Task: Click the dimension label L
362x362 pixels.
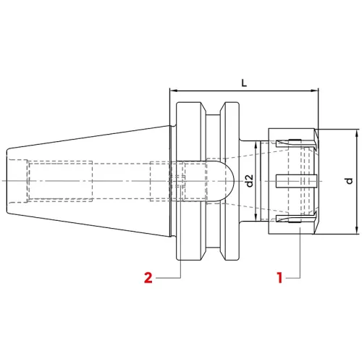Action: click(244, 83)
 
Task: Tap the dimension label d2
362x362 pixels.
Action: click(249, 181)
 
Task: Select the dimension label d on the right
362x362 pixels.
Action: click(349, 181)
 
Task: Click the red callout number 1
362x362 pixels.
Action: click(279, 278)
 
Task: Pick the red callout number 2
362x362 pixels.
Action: click(148, 278)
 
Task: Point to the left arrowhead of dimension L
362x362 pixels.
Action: click(173, 90)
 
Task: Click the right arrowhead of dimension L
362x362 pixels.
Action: click(315, 90)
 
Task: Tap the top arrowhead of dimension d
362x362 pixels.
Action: click(356, 133)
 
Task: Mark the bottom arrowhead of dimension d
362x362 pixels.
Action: click(356, 230)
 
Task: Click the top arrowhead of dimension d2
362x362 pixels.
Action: click(256, 146)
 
